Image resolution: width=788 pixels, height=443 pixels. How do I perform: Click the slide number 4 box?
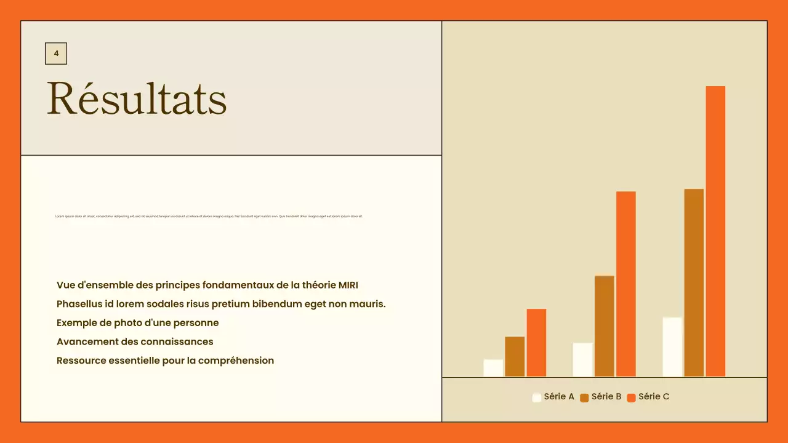[56, 54]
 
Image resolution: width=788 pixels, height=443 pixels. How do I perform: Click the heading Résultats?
[137, 98]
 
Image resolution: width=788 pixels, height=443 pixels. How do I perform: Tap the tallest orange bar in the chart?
[715, 231]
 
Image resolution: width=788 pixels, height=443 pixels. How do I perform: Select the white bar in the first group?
[493, 368]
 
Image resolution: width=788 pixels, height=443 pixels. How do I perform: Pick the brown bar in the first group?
[515, 356]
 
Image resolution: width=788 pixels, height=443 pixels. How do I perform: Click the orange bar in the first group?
[536, 342]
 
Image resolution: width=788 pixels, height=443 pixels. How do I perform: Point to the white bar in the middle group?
[582, 359]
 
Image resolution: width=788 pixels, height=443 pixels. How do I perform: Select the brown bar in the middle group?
[605, 326]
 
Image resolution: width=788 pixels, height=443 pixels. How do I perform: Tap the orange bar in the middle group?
[626, 284]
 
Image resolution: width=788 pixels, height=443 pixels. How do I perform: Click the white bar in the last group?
[672, 346]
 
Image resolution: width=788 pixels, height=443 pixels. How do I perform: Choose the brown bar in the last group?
[694, 282]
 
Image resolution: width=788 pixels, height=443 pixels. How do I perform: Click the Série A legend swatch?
[537, 397]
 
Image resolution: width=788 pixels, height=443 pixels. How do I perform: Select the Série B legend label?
[606, 397]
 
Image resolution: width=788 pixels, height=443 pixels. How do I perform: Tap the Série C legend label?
[654, 397]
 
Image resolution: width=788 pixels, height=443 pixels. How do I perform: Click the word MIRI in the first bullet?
[348, 285]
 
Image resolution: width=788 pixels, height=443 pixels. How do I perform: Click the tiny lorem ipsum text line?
[209, 217]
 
